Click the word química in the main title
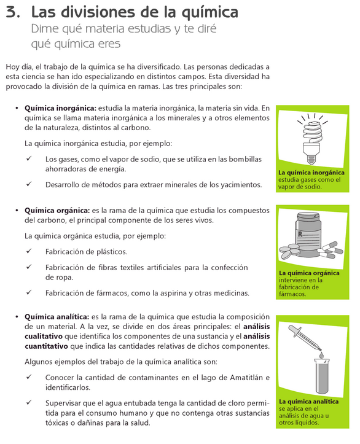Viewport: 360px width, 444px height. pyautogui.click(x=210, y=12)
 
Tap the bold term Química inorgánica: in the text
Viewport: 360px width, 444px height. pyautogui.click(x=61, y=108)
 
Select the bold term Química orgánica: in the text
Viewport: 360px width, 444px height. pyautogui.click(x=57, y=211)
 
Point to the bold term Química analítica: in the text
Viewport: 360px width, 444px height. pyautogui.click(x=57, y=317)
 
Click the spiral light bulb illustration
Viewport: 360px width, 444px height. pyautogui.click(x=312, y=139)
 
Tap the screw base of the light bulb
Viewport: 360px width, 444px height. pyautogui.click(x=311, y=159)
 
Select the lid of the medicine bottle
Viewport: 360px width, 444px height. pyautogui.click(x=308, y=217)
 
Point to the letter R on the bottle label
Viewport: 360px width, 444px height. pyautogui.click(x=300, y=234)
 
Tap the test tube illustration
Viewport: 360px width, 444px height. pyautogui.click(x=322, y=376)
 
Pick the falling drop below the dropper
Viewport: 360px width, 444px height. pyautogui.click(x=321, y=354)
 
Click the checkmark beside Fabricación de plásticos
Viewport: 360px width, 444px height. pyautogui.click(x=29, y=251)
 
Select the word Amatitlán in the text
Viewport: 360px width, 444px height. pyautogui.click(x=246, y=378)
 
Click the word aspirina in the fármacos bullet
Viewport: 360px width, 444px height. pyautogui.click(x=164, y=293)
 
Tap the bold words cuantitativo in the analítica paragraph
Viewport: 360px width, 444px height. pyautogui.click(x=46, y=346)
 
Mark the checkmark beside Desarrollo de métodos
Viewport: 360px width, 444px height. pyautogui.click(x=29, y=184)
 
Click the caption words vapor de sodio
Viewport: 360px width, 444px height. pyautogui.click(x=300, y=187)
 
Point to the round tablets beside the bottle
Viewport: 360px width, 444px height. pyautogui.click(x=289, y=251)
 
